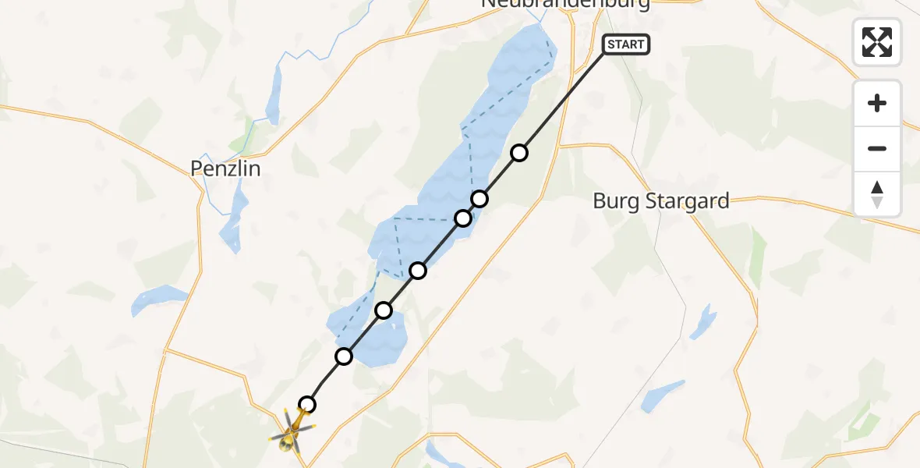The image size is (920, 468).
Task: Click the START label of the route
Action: click(x=625, y=44)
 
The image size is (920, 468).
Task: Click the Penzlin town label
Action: click(x=225, y=168)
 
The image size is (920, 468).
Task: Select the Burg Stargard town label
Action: click(x=661, y=200)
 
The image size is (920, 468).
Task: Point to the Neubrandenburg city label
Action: click(x=565, y=4)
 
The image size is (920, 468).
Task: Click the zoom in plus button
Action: click(x=877, y=103)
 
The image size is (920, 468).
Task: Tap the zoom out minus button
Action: click(x=877, y=148)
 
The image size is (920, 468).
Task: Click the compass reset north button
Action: click(x=877, y=193)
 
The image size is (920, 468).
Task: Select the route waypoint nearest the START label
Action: click(x=519, y=153)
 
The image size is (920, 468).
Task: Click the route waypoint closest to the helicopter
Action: click(x=308, y=404)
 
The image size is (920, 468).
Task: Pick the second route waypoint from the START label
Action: click(x=479, y=199)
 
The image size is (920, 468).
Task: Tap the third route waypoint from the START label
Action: click(x=463, y=218)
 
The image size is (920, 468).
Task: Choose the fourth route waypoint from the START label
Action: click(x=418, y=271)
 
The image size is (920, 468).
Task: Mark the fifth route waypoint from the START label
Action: click(x=384, y=310)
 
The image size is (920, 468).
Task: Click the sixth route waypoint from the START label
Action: click(x=344, y=356)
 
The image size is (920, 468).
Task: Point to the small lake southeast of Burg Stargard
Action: click(x=663, y=396)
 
